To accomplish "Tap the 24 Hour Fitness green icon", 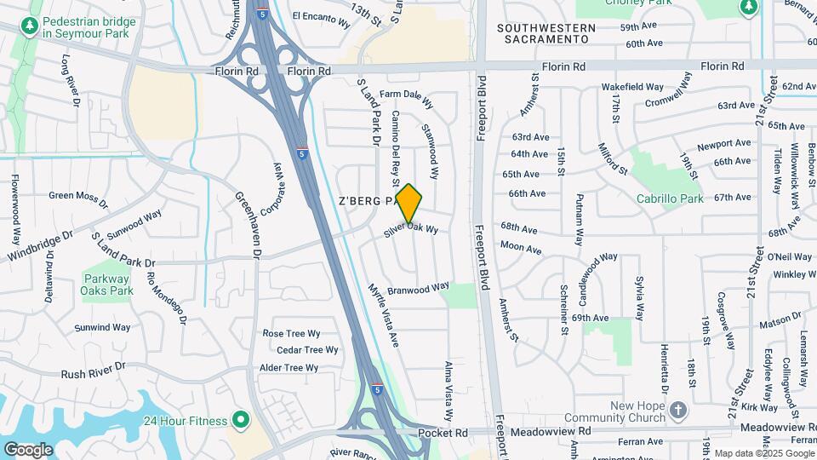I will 240,420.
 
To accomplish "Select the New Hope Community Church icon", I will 678,411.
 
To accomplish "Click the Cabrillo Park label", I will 671,198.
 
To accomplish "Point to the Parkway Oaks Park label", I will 108,285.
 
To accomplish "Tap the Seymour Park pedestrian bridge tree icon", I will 30,27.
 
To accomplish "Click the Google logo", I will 28,449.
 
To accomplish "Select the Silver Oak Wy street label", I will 410,228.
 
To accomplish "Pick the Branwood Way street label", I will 418,289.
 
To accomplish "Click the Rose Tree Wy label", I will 291,334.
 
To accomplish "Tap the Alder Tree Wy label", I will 289,368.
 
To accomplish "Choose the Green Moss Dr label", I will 78,198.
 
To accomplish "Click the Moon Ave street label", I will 521,249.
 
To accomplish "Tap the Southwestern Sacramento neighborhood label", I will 546,33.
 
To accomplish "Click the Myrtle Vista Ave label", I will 383,315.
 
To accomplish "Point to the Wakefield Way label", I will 632,87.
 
